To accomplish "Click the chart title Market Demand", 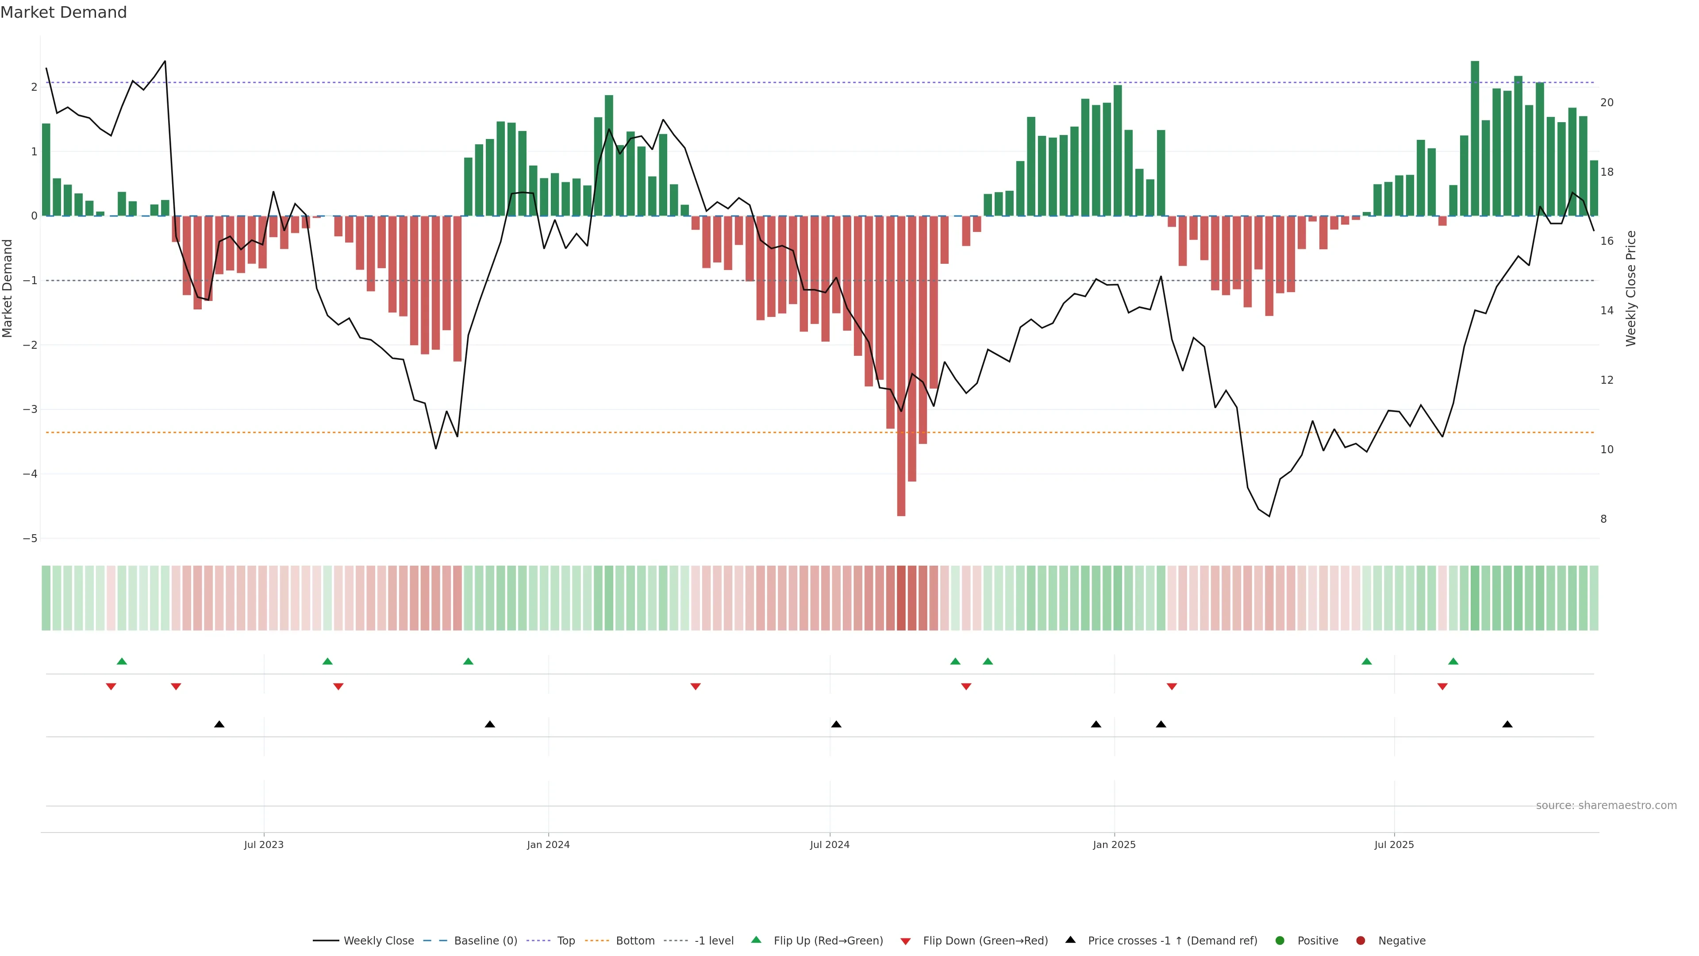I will [63, 12].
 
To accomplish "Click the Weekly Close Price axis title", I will [1630, 288].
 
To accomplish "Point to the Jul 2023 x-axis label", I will [263, 844].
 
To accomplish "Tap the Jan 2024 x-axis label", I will [548, 844].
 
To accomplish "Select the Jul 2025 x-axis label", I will [1394, 844].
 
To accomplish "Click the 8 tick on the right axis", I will [1603, 519].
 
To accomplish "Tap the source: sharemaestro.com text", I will [1606, 806].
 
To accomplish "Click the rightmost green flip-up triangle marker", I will [1453, 661].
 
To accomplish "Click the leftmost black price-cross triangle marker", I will [219, 725].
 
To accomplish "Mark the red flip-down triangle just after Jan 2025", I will [1171, 687].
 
